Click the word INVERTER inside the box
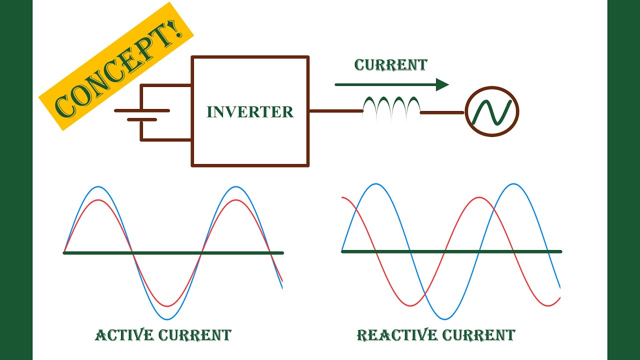[250, 111]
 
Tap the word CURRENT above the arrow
[390, 65]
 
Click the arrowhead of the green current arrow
[442, 84]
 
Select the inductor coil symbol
[391, 107]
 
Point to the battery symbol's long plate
[142, 110]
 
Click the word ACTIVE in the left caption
[124, 334]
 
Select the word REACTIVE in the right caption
[390, 334]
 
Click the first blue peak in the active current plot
[98, 187]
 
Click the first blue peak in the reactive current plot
[376, 184]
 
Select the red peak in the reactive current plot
[479, 197]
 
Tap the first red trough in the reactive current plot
[410, 305]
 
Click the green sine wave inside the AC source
[492, 112]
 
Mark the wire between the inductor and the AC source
[442, 113]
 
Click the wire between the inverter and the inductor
[335, 111]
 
